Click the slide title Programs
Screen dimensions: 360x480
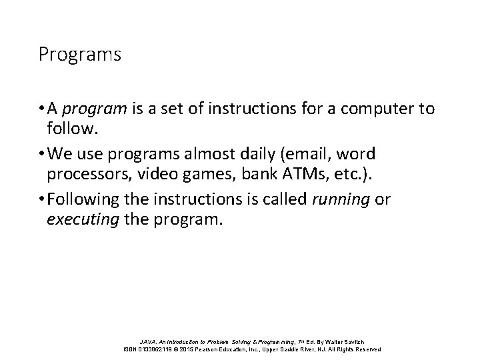click(80, 55)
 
